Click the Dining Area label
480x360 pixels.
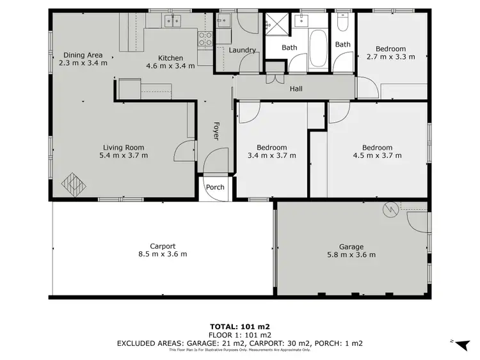tap(83, 55)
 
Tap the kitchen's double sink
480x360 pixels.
tap(171, 22)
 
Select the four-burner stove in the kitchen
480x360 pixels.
tap(205, 38)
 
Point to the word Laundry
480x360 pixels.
tap(242, 50)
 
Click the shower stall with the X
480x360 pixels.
tap(272, 26)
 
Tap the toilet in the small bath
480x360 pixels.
tap(343, 24)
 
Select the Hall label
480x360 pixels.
tap(296, 89)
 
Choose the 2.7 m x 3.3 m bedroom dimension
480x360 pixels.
tap(390, 57)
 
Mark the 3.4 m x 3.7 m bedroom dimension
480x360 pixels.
tap(271, 155)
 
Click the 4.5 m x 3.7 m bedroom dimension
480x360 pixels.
tap(377, 155)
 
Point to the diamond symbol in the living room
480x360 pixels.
tap(72, 184)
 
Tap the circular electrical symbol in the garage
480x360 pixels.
tap(388, 209)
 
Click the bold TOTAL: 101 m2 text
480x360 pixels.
tap(239, 327)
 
